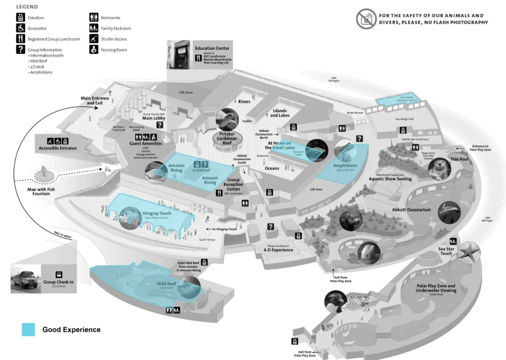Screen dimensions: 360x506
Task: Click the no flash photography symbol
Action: click(x=366, y=19)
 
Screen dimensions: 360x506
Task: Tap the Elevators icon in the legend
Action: click(x=21, y=18)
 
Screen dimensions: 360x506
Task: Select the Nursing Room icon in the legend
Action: click(x=93, y=49)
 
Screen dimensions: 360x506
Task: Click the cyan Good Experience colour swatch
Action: click(x=28, y=329)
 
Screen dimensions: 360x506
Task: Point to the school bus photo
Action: click(x=25, y=280)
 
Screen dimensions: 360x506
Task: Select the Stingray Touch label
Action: click(x=157, y=214)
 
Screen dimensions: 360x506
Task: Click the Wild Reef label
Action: click(x=167, y=284)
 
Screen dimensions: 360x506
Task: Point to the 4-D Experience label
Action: click(x=278, y=250)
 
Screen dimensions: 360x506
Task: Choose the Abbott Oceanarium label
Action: click(x=412, y=210)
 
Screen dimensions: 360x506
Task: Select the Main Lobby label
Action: click(x=154, y=118)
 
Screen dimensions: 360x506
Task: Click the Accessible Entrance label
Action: click(x=58, y=148)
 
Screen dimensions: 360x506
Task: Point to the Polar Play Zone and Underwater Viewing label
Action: click(x=436, y=288)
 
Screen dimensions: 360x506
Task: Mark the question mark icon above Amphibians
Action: click(x=360, y=139)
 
